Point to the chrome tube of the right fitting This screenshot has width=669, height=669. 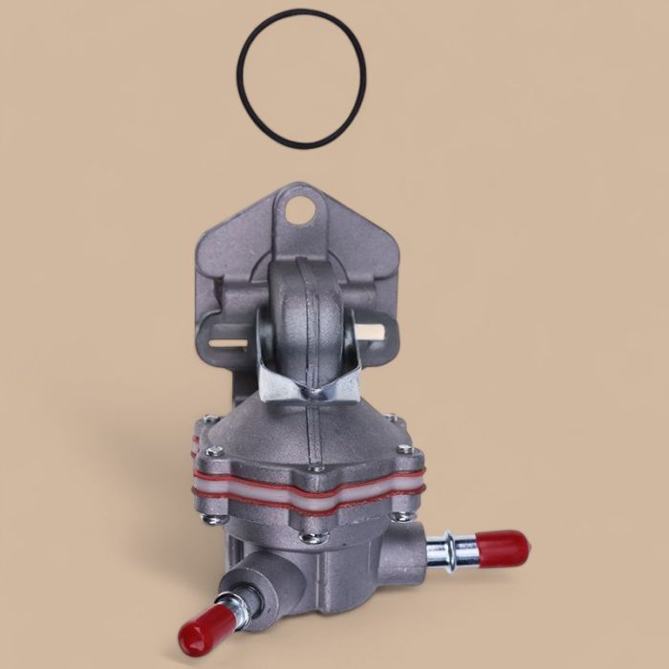[449, 552]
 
